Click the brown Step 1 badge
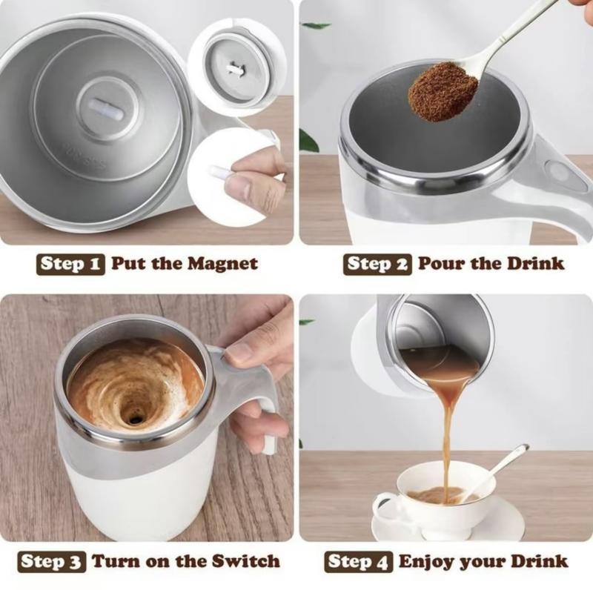pyautogui.click(x=72, y=264)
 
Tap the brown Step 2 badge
pyautogui.click(x=377, y=264)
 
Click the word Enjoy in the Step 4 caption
pyautogui.click(x=426, y=561)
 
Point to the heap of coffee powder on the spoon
pyautogui.click(x=443, y=90)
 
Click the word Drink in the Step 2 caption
pyautogui.click(x=536, y=264)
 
